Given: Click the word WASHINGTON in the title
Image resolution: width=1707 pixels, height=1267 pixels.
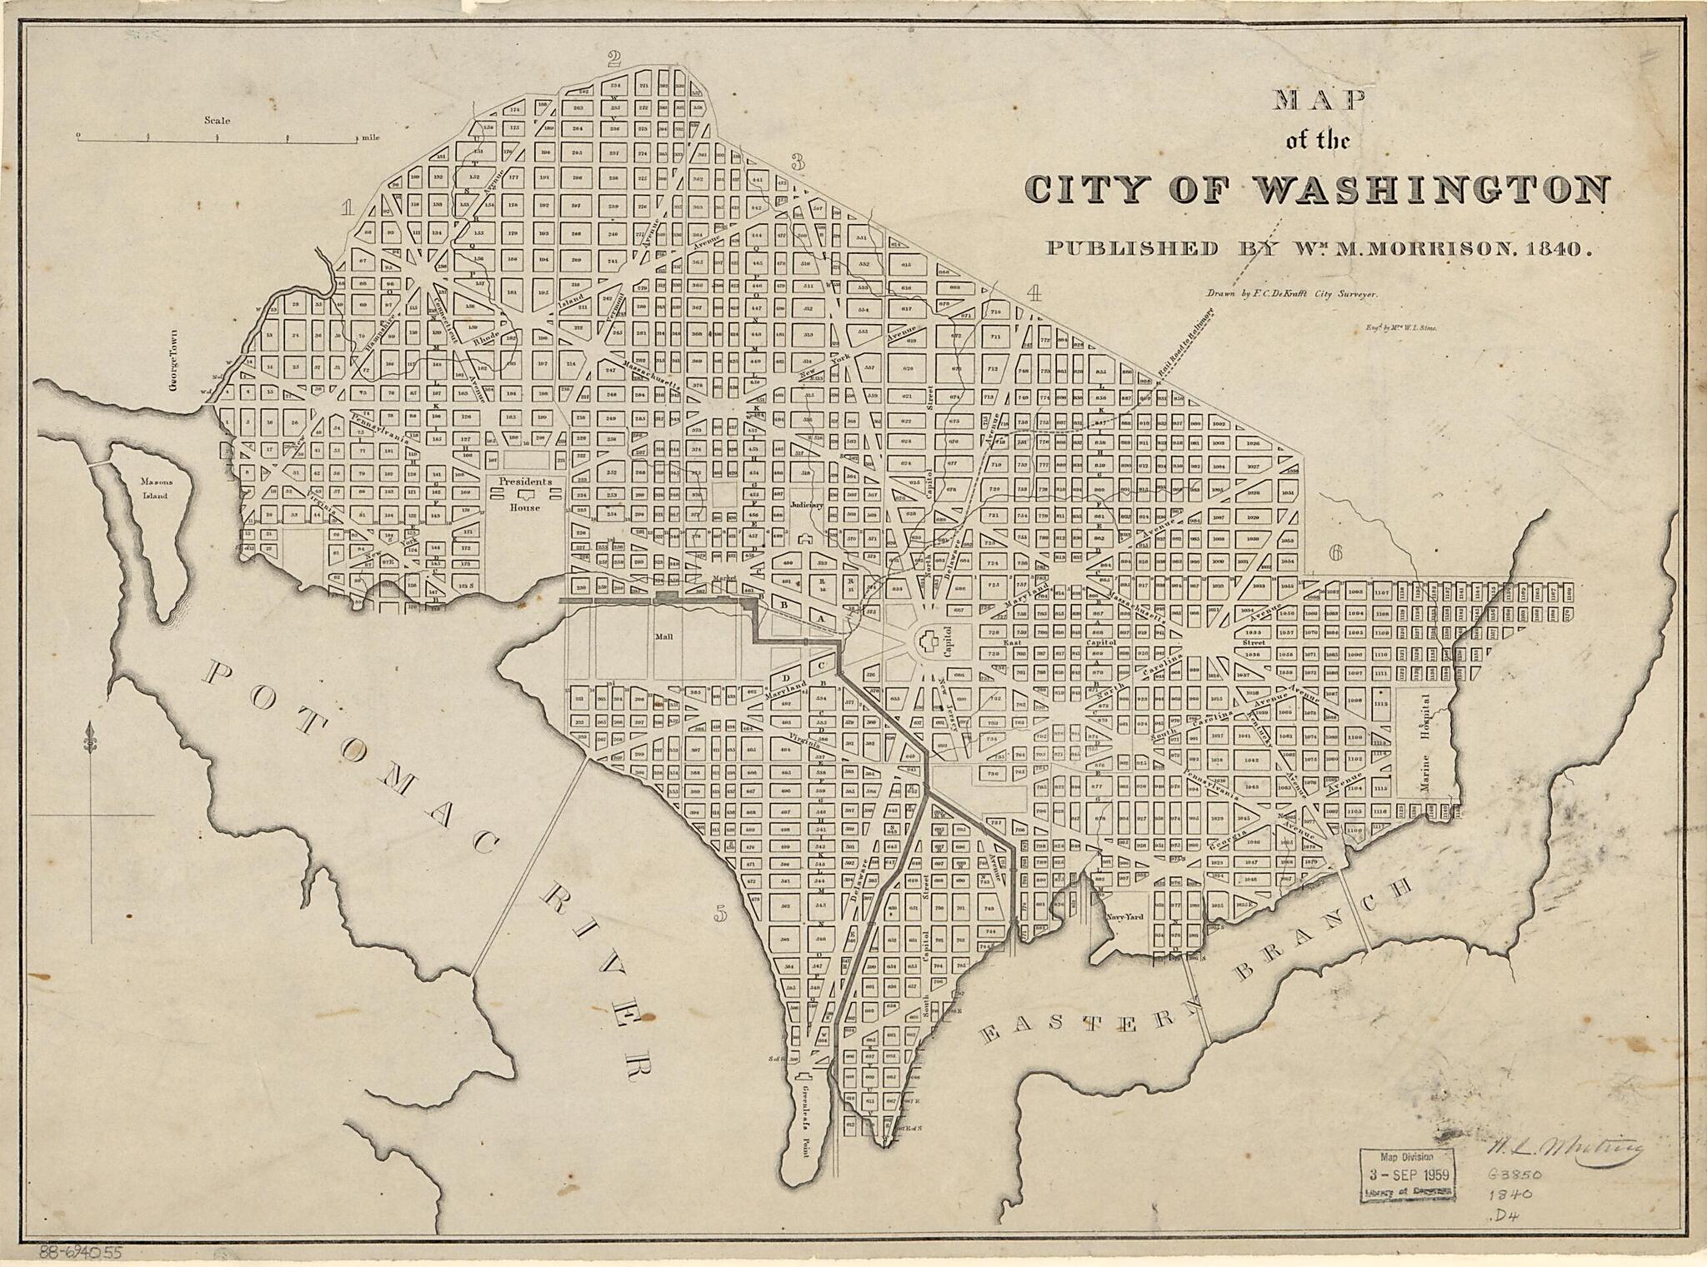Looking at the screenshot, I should pyautogui.click(x=1430, y=189).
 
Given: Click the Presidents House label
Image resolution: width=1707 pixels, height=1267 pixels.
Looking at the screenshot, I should pyautogui.click(x=525, y=493).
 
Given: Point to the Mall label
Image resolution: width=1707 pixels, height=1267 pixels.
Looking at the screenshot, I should pyautogui.click(x=663, y=636).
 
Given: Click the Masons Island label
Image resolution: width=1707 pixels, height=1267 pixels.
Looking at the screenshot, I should pyautogui.click(x=154, y=488).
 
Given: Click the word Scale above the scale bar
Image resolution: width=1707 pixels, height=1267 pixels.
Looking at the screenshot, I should pyautogui.click(x=217, y=121).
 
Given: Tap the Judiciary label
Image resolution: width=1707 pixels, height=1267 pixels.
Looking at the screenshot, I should pyautogui.click(x=806, y=505).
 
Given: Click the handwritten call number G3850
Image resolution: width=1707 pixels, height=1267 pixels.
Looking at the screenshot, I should pyautogui.click(x=1515, y=1175).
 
